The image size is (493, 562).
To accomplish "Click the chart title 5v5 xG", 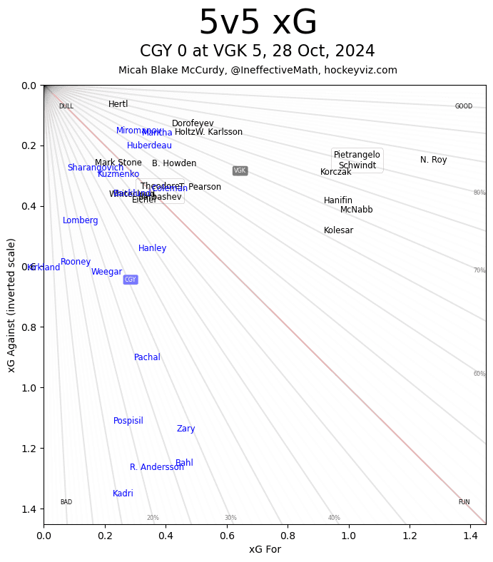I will pos(258,24).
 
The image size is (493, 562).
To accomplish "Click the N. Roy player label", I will pos(433,160).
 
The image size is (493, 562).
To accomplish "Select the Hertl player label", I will pos(118,104).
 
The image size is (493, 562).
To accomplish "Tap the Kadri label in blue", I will pos(123,494).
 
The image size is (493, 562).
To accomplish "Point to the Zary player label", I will pos(185,429).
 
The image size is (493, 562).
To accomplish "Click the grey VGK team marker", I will pos(240,170).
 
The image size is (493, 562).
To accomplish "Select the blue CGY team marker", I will pos(130,280).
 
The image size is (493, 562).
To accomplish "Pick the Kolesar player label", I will pos(338,230).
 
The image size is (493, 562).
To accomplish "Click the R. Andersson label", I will pos(156,467).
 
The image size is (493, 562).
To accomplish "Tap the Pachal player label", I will pos(147,357).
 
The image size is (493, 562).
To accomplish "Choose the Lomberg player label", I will pos(81,220).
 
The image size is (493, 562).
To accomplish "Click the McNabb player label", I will pos(356,210).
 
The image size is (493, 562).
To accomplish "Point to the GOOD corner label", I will pos(464,106).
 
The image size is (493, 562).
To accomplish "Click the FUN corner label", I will pos(464,502).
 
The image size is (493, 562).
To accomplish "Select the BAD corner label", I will pos(66,502).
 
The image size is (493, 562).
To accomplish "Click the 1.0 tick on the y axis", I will pos(29,388).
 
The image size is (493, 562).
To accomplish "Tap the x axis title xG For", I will pos(265,549).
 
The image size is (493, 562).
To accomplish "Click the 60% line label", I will pos(479,374).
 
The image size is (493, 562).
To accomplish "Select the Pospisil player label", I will pos(128,421).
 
